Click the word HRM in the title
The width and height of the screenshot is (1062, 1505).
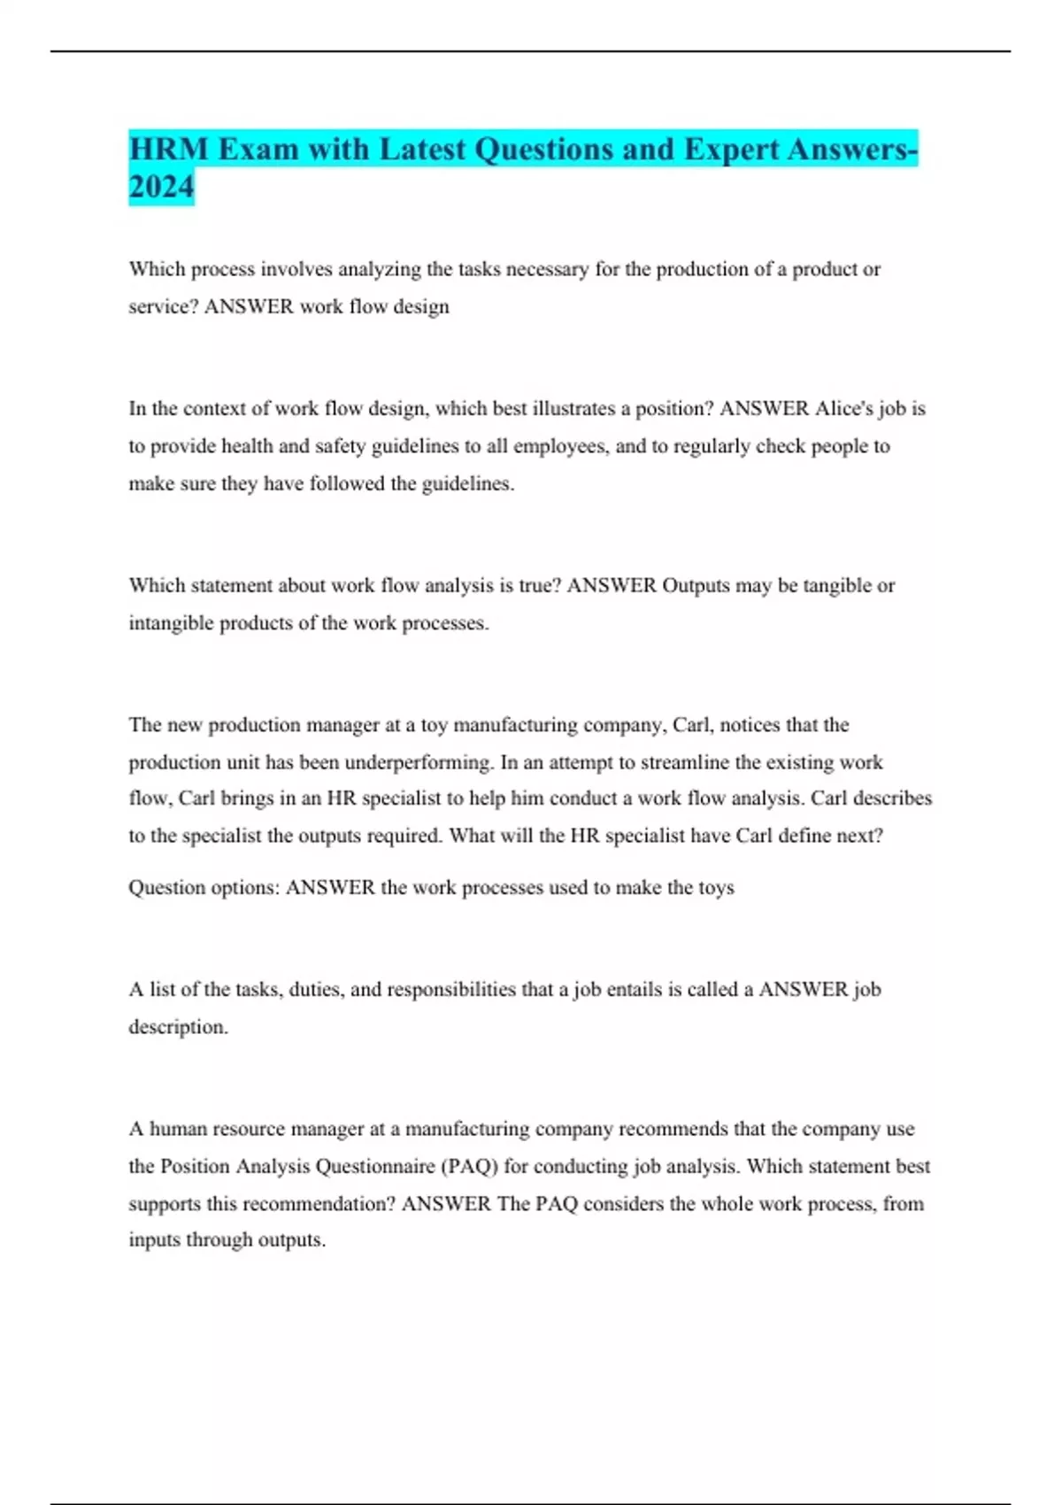(169, 149)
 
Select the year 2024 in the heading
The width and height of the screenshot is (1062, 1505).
(161, 187)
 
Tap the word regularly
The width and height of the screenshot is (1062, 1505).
(712, 446)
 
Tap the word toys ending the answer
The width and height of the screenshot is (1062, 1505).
(716, 888)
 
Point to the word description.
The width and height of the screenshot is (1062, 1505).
(178, 1027)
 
